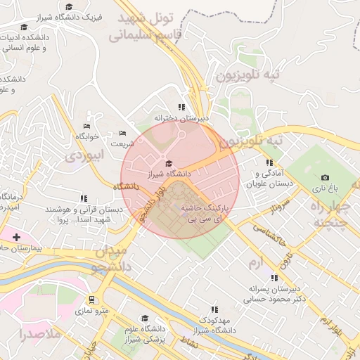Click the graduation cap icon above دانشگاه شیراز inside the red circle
pyautogui.click(x=167, y=163)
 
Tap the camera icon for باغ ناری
pyautogui.click(x=324, y=178)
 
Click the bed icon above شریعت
pyautogui.click(x=122, y=133)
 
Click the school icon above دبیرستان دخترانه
pyautogui.click(x=182, y=108)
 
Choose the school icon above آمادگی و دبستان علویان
pyautogui.click(x=269, y=162)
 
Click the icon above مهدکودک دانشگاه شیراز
pyautogui.click(x=214, y=309)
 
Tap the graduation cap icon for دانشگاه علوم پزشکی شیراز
pyautogui.click(x=146, y=318)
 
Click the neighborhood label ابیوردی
pyautogui.click(x=84, y=155)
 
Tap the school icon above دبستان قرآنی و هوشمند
pyautogui.click(x=84, y=198)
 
